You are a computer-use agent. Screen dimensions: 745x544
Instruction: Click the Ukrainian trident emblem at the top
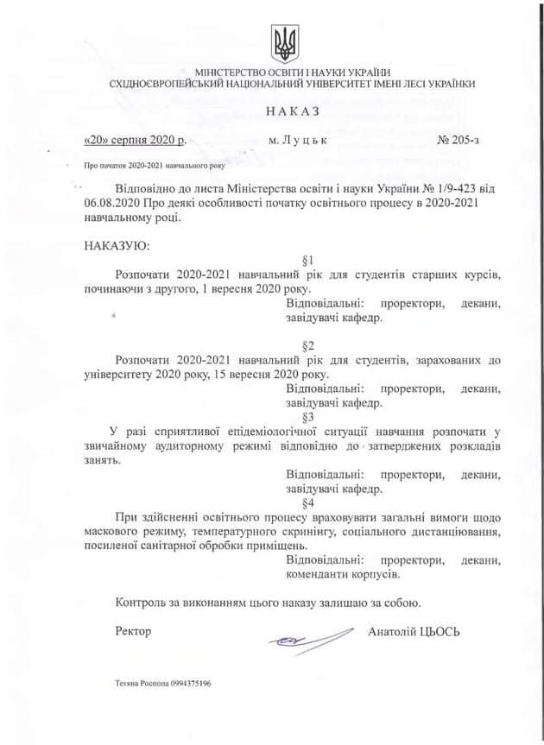(283, 41)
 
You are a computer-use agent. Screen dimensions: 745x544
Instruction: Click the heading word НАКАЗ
(294, 111)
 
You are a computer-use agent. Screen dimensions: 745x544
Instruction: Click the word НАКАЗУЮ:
(117, 245)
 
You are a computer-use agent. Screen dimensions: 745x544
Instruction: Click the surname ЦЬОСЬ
(441, 631)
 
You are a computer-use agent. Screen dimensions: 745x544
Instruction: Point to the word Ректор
(133, 631)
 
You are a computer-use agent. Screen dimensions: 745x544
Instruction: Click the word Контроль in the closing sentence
(141, 603)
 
